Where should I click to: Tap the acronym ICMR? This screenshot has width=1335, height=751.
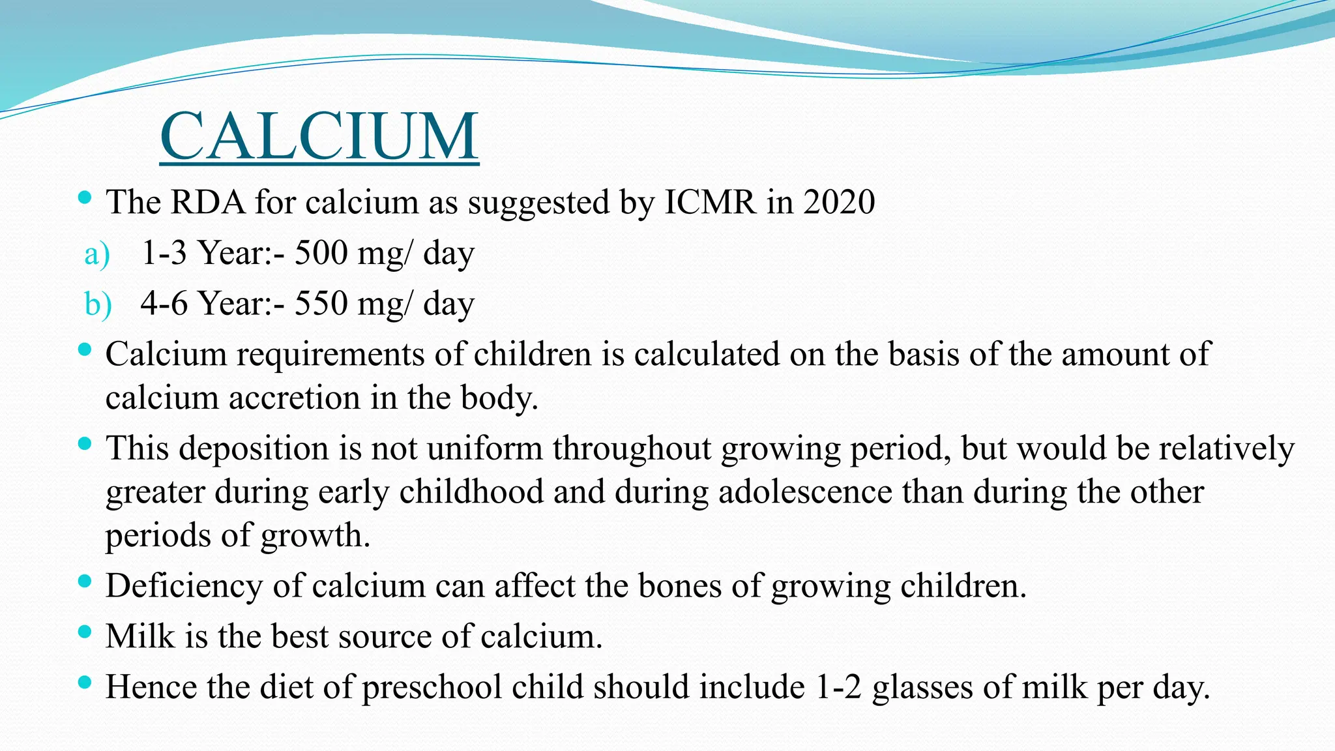710,202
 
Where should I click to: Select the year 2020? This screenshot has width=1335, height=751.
839,202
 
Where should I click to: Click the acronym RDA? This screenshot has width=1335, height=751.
208,202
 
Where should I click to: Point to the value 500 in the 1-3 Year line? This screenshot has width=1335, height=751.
321,253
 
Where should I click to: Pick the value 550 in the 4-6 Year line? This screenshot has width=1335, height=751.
321,303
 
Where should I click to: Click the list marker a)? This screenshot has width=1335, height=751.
97,254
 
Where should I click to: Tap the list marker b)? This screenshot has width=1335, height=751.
98,304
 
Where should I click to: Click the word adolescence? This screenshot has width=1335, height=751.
805,492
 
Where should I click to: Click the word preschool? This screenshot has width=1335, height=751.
431,687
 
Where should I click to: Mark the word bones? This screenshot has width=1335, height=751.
680,585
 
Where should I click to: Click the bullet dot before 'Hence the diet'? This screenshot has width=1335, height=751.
84,683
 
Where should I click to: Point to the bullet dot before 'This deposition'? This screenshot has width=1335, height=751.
84,444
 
